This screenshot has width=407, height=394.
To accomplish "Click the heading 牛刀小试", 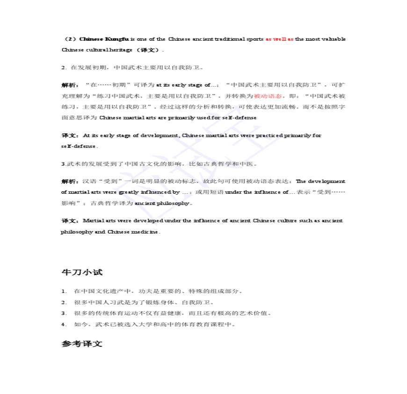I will tap(82, 272).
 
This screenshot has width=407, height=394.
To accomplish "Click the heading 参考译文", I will tap(82, 344).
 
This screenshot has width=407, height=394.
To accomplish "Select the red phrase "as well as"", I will tap(279, 39).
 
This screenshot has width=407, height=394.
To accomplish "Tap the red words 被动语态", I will tap(268, 96).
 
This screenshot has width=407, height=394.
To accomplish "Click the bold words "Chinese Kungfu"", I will tap(104, 39).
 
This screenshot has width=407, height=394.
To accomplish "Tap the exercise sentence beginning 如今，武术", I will tap(154, 324).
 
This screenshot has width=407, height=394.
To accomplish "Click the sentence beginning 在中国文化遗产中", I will tap(158, 291).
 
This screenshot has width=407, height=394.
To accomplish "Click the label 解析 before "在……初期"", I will tap(70, 85).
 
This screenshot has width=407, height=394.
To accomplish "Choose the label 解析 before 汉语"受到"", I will tap(70, 181).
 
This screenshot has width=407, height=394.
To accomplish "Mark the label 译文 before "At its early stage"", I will tap(70, 136).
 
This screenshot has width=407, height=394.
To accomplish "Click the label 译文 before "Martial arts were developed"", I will tap(70, 221).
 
